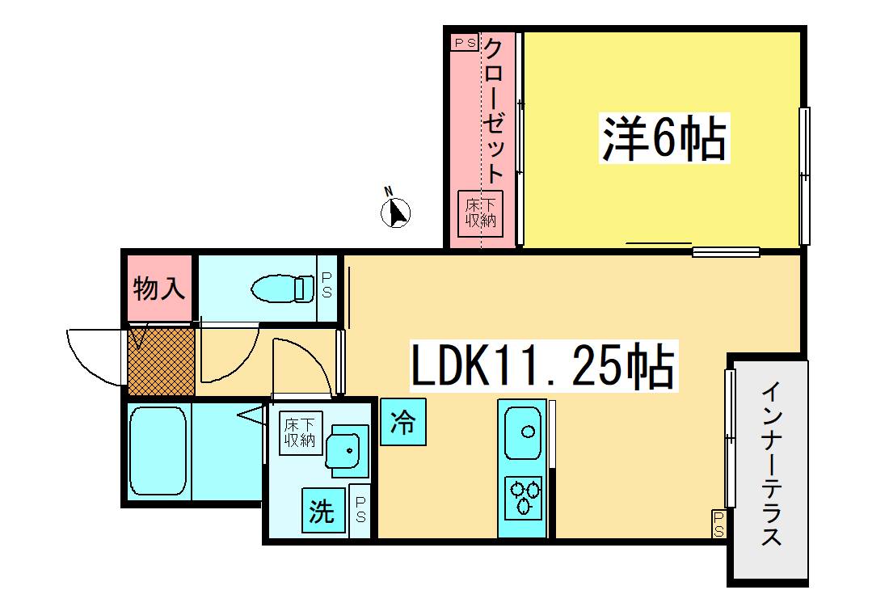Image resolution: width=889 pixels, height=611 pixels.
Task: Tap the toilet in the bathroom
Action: [283, 289]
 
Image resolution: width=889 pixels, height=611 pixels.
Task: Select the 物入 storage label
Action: [158, 289]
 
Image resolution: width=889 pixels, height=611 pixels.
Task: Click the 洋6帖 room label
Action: [664, 138]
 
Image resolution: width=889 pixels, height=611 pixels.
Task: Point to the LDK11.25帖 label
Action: [543, 365]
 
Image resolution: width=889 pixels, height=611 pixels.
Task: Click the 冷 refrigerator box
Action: [403, 422]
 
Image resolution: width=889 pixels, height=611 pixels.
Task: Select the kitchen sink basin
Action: [522, 432]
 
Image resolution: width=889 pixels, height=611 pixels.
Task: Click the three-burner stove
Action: [524, 498]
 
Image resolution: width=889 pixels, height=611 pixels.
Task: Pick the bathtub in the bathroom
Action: [158, 451]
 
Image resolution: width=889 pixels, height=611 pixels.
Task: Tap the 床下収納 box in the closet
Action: [480, 213]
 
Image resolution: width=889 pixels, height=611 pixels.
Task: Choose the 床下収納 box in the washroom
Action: [301, 433]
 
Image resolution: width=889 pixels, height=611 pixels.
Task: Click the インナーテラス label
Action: [772, 464]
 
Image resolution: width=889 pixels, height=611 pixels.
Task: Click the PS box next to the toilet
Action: [327, 289]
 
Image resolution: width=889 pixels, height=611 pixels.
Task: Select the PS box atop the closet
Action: [465, 43]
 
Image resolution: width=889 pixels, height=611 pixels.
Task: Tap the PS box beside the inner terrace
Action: [718, 524]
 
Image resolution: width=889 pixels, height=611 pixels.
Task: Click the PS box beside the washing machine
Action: [360, 509]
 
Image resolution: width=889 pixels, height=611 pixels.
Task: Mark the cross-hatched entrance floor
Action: [162, 361]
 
